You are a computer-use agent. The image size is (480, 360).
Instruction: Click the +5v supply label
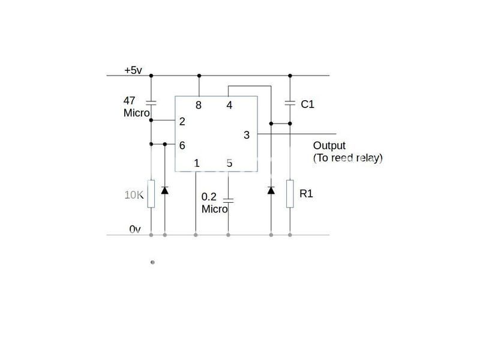point(133,70)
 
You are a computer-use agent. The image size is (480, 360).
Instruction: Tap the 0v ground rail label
point(135,229)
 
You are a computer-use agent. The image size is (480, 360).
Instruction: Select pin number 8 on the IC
point(198,106)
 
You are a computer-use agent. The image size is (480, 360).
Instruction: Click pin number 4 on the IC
point(229,106)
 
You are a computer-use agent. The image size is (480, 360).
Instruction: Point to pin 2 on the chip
point(182,121)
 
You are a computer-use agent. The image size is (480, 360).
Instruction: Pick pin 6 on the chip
point(182,145)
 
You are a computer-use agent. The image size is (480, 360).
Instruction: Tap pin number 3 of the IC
point(246,135)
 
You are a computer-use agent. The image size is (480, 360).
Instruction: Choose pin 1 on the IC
point(197,163)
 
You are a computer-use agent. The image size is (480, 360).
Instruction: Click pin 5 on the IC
point(229,163)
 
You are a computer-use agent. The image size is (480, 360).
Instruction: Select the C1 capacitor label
point(307,104)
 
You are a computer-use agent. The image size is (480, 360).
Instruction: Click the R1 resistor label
point(306,194)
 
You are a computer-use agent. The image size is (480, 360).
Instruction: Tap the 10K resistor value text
point(134,195)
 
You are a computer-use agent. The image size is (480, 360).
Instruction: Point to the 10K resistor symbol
point(151,194)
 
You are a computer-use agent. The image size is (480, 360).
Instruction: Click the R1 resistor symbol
point(290,194)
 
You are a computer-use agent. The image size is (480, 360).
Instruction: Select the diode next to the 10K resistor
point(165,191)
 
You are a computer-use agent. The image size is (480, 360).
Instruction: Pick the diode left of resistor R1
point(271,191)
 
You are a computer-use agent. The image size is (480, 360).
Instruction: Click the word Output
point(329,146)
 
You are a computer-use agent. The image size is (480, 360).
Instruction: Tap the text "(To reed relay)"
point(347,158)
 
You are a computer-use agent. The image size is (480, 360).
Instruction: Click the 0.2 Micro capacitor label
point(214,203)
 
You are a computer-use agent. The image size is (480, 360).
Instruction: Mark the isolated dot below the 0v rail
point(152,262)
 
